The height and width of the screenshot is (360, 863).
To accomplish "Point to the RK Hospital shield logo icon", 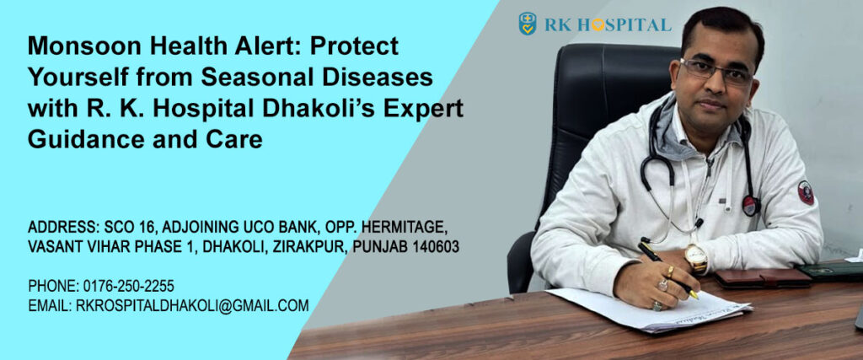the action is click(528, 24).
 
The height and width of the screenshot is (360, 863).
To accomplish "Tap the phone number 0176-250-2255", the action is click(129, 287).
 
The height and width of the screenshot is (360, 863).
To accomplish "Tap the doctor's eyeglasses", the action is click(716, 71).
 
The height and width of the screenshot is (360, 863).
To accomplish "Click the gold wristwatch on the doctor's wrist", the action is click(695, 257).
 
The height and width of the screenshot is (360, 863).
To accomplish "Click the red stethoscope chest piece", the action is click(751, 206).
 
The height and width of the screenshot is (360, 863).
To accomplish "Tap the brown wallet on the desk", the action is click(763, 278).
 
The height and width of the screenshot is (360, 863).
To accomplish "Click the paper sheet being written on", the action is click(650, 309).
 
